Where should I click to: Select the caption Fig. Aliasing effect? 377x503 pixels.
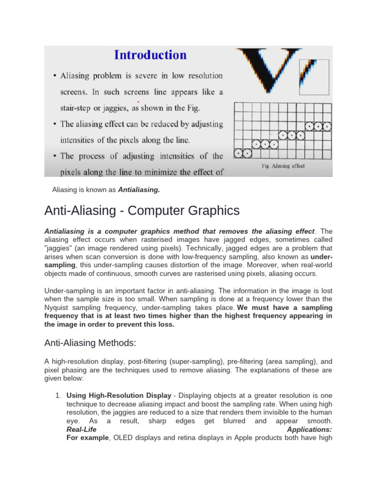click(283, 166)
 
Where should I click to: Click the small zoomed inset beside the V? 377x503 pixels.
click(315, 77)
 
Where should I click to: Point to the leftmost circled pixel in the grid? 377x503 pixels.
click(239, 153)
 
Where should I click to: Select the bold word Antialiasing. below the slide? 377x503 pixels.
click(139, 189)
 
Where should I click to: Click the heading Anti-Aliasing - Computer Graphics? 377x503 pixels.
click(142, 211)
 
